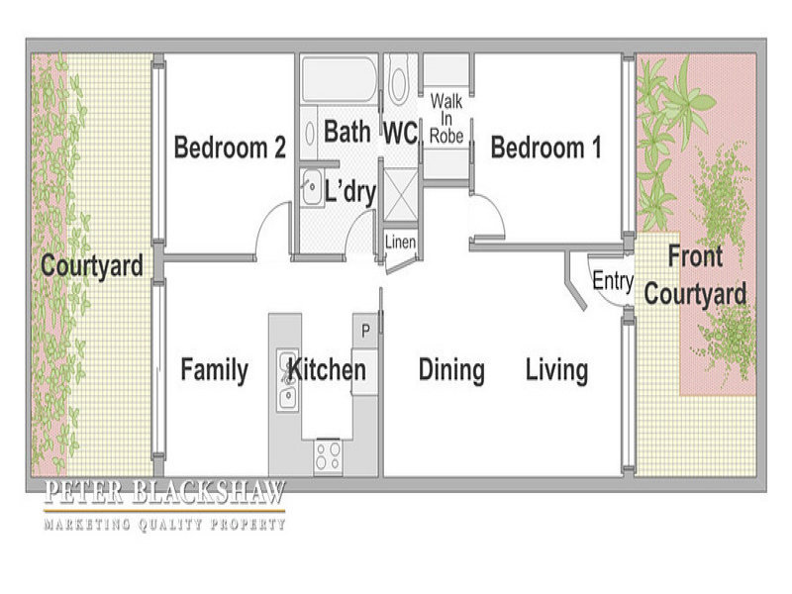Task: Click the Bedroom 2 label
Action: tap(230, 148)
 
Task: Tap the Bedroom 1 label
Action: tap(546, 148)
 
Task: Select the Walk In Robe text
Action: tap(446, 119)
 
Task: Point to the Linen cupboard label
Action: tap(400, 242)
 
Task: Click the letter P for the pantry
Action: tap(365, 331)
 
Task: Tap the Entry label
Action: tap(613, 281)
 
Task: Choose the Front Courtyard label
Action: tap(695, 276)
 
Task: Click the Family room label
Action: tap(214, 370)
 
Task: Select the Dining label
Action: tap(451, 370)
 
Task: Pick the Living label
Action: tap(557, 370)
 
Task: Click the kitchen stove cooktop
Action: tap(328, 456)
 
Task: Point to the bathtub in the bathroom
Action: tap(339, 79)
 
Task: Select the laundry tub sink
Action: tap(312, 187)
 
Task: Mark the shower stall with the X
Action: tap(401, 195)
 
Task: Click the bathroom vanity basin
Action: tap(309, 133)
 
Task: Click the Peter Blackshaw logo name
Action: tap(164, 492)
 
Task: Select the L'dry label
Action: tap(349, 191)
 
